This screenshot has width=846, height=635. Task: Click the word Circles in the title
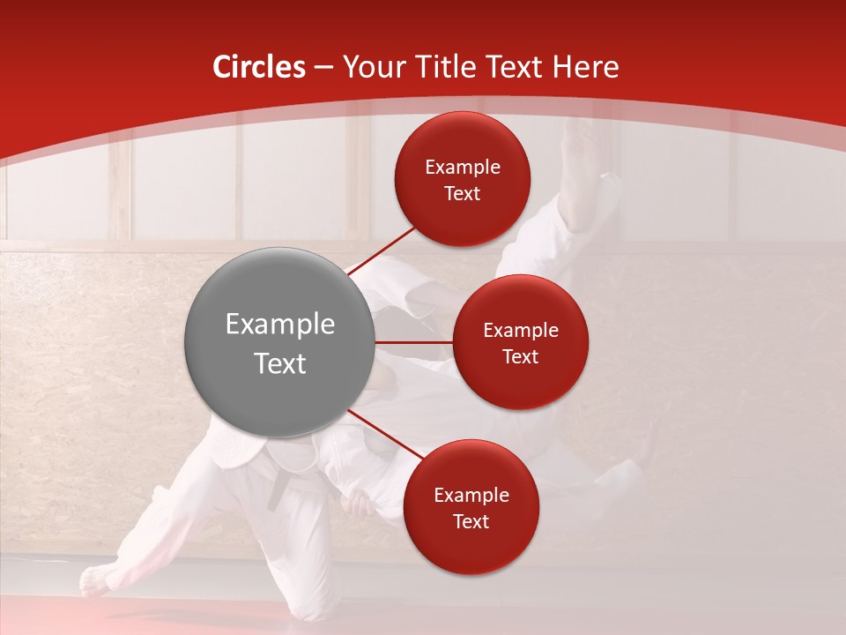coord(258,67)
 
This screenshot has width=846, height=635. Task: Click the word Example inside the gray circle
coord(279,325)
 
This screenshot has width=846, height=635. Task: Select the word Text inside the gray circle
coord(279,363)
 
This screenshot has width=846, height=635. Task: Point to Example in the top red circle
coord(463,168)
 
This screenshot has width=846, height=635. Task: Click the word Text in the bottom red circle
coord(471,521)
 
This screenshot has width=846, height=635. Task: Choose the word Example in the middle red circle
coord(520,331)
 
